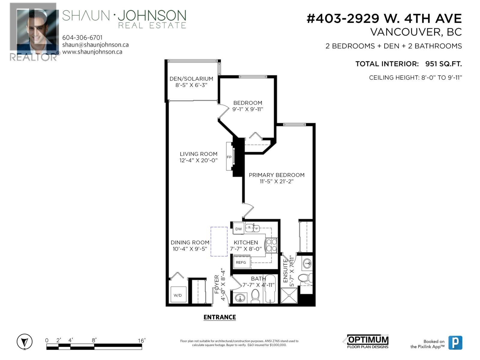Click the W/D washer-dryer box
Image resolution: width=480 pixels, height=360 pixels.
178,295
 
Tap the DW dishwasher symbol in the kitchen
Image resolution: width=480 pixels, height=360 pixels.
238,229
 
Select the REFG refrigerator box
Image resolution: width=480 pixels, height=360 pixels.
241,262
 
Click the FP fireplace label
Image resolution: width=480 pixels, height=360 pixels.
229,157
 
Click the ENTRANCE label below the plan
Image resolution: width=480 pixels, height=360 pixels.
220,317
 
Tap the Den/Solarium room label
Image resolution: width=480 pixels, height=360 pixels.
191,79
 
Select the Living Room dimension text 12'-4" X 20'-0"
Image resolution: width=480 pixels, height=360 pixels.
199,160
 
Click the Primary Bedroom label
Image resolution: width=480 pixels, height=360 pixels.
277,175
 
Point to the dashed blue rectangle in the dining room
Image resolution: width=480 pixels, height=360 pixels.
219,241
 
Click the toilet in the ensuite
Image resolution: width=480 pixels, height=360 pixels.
306,278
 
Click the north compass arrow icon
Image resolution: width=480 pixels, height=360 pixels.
24,342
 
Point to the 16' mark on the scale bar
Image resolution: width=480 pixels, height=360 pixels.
141,340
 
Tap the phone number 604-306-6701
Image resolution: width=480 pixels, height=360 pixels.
82,37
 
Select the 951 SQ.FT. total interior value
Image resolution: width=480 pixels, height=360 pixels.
443,64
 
